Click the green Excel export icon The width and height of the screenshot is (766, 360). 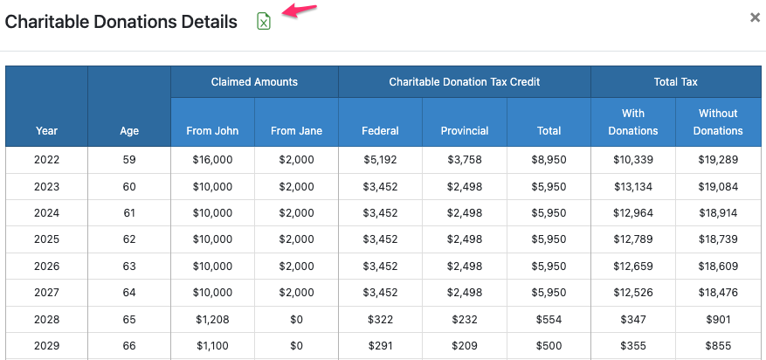click(264, 21)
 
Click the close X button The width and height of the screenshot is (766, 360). click(756, 17)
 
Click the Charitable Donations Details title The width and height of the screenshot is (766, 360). click(121, 22)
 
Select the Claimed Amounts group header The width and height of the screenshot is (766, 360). click(254, 82)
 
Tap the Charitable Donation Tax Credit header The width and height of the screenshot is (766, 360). click(464, 82)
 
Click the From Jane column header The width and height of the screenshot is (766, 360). click(296, 131)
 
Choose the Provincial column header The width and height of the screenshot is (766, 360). click(464, 131)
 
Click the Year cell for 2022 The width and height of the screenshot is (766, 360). click(46, 160)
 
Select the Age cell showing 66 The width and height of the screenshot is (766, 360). click(129, 346)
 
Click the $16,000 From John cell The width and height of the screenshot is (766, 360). click(212, 160)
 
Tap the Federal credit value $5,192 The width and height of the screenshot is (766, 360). click(380, 160)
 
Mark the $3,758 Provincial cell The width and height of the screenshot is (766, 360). click(464, 160)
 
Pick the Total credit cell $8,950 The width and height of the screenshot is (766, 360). click(549, 160)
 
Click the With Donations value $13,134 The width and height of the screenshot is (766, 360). click(632, 186)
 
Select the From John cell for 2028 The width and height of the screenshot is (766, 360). click(212, 320)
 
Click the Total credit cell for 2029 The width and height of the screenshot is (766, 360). click(549, 346)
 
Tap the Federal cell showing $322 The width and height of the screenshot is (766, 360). click(380, 320)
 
